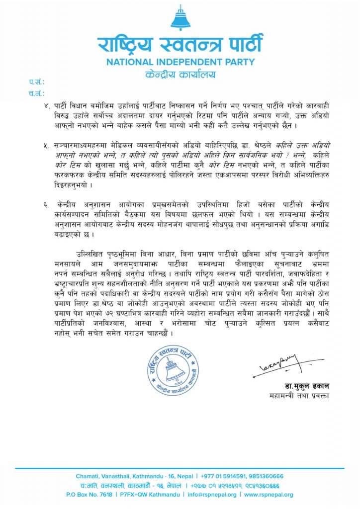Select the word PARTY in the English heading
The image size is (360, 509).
[241, 63]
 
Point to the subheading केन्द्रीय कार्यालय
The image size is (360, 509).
[180, 74]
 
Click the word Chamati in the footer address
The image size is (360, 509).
[87, 476]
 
